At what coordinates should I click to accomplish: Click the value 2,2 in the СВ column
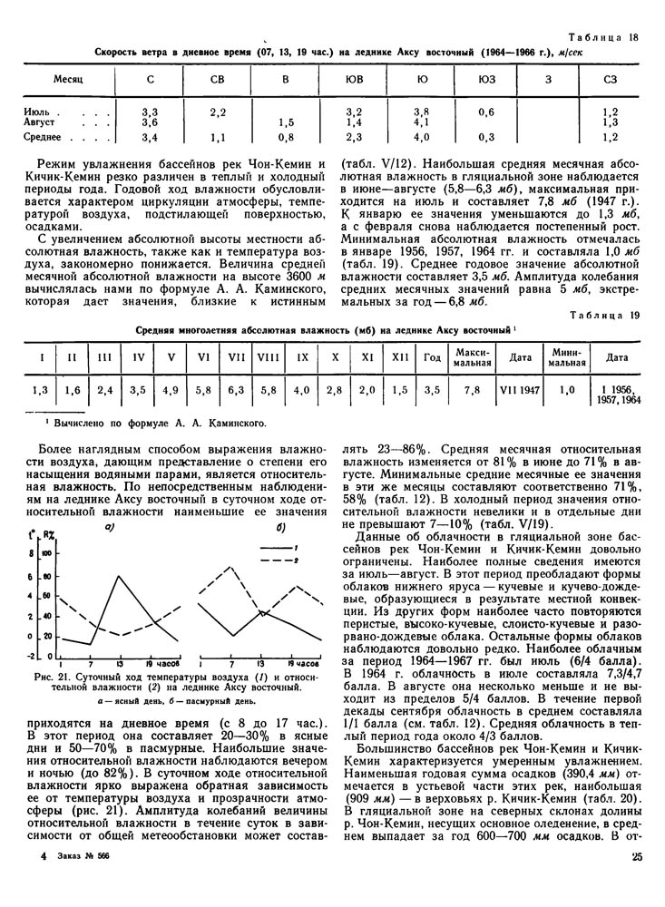pos(218,112)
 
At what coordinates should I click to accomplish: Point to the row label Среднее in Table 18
pos(42,137)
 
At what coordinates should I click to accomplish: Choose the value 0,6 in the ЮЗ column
pos(486,112)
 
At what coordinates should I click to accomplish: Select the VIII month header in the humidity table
pos(268,356)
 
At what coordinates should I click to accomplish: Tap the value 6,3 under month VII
pos(236,390)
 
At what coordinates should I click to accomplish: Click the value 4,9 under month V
pos(170,390)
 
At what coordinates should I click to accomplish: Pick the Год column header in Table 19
pos(433,356)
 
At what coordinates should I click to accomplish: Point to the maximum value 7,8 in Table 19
pos(472,390)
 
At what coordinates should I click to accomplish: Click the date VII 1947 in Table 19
pos(520,390)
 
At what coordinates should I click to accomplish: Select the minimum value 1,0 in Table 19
pos(567,390)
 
